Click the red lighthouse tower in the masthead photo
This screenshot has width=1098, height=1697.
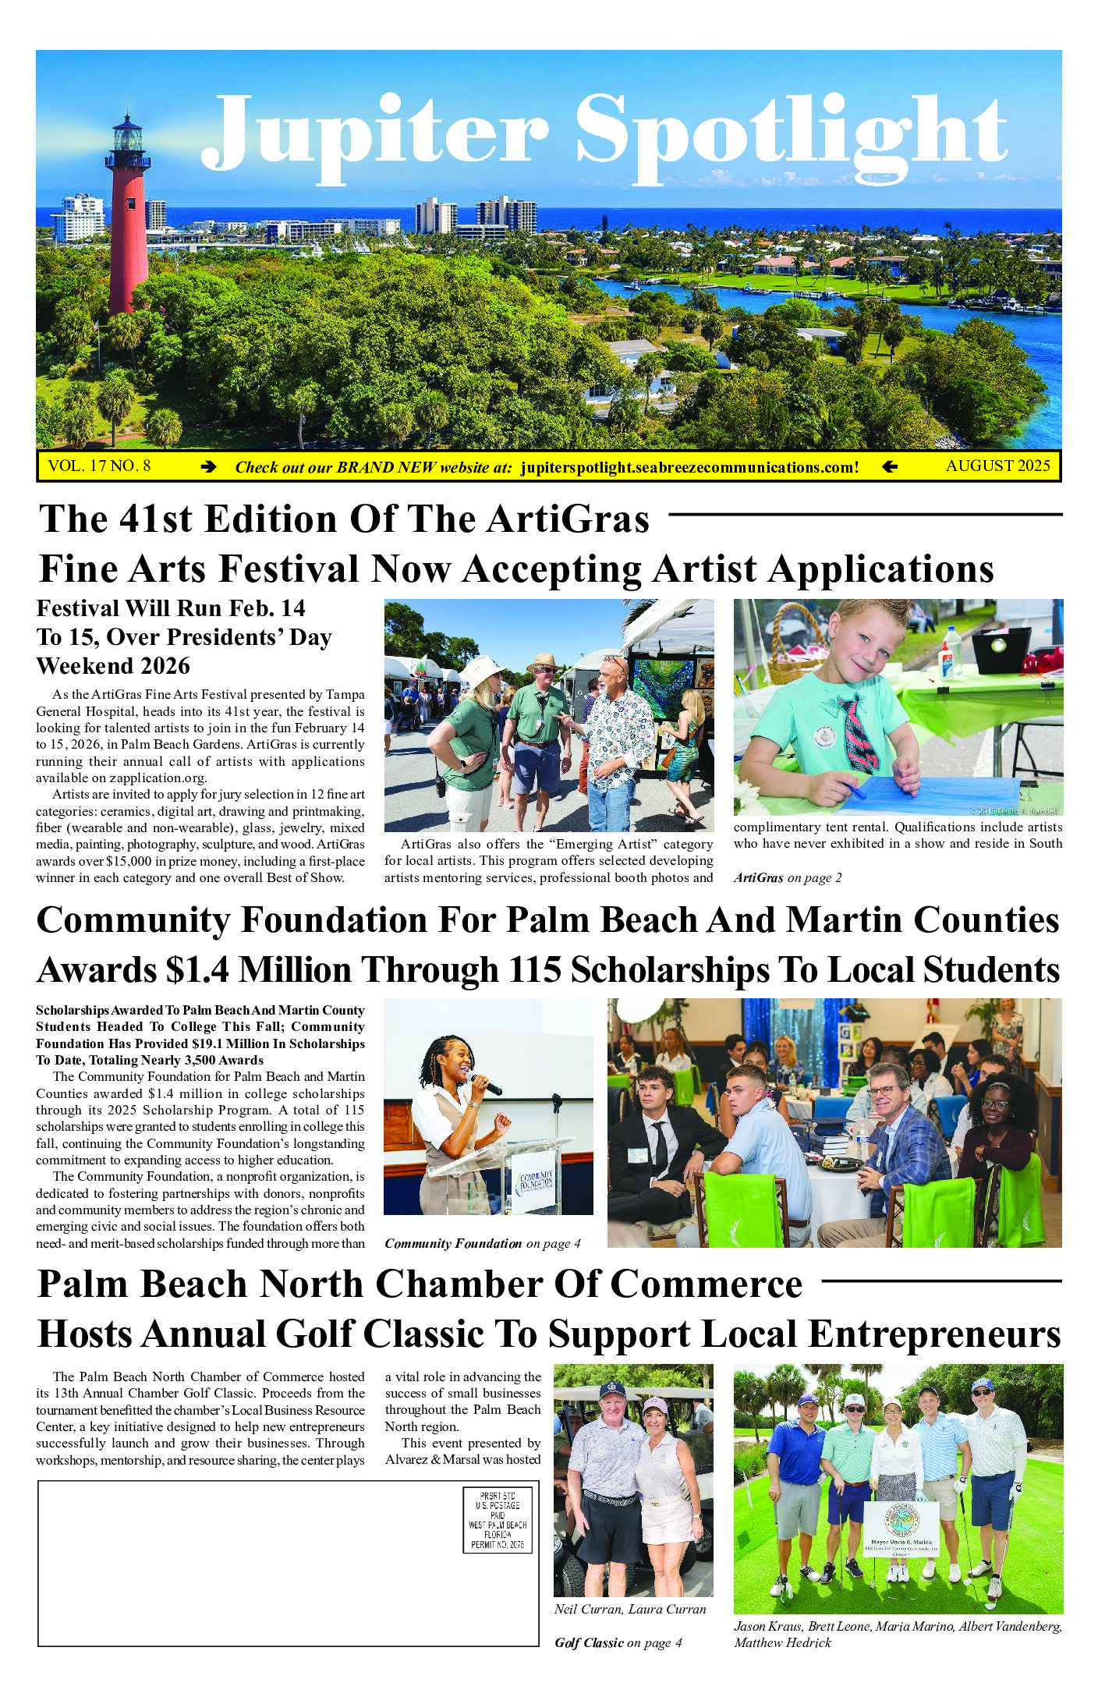point(127,226)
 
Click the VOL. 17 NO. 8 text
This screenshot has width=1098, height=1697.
point(99,466)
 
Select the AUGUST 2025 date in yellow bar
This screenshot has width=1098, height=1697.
point(997,466)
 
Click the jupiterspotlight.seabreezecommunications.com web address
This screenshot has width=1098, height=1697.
point(689,468)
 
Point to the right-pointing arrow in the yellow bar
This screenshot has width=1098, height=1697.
point(208,468)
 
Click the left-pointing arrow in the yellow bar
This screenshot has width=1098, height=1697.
point(889,468)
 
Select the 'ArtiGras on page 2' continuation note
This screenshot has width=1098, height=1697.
point(787,878)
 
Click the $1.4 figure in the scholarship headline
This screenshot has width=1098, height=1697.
point(197,971)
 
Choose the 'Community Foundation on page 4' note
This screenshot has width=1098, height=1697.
point(482,1244)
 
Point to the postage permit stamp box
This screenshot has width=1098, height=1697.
point(498,1520)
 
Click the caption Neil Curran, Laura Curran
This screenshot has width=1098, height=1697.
point(630,1610)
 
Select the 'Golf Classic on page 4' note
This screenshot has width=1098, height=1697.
point(618,1643)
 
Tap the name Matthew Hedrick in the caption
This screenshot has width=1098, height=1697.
point(782,1642)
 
